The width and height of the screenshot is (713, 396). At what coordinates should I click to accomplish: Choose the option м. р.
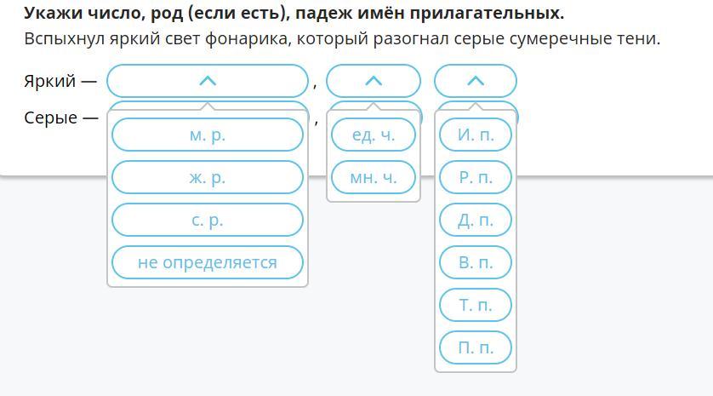(208, 135)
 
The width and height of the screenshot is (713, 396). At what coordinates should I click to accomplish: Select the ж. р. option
(208, 177)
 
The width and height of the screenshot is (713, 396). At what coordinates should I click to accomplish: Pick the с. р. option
(208, 220)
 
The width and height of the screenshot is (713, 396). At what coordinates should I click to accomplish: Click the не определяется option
(208, 262)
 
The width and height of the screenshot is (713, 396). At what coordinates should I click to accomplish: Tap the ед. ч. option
(374, 135)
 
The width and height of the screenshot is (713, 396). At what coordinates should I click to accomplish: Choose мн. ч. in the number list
(374, 177)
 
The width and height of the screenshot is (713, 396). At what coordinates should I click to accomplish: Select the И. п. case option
(476, 135)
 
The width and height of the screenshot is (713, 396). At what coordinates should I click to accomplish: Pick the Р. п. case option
(476, 177)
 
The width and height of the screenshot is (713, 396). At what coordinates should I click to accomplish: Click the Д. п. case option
(476, 220)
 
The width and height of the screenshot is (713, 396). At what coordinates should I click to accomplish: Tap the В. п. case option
(476, 262)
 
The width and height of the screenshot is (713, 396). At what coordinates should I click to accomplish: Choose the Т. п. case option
(476, 305)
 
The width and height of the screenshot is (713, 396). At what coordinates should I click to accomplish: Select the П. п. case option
(476, 347)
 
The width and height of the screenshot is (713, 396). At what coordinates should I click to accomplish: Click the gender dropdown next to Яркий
(208, 81)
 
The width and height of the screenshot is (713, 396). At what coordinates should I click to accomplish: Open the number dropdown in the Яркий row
(374, 81)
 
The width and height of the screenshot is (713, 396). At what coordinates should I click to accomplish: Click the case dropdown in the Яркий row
(476, 81)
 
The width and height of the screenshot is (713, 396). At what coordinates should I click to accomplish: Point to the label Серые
(50, 118)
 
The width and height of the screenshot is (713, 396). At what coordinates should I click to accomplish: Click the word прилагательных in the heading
(487, 14)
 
